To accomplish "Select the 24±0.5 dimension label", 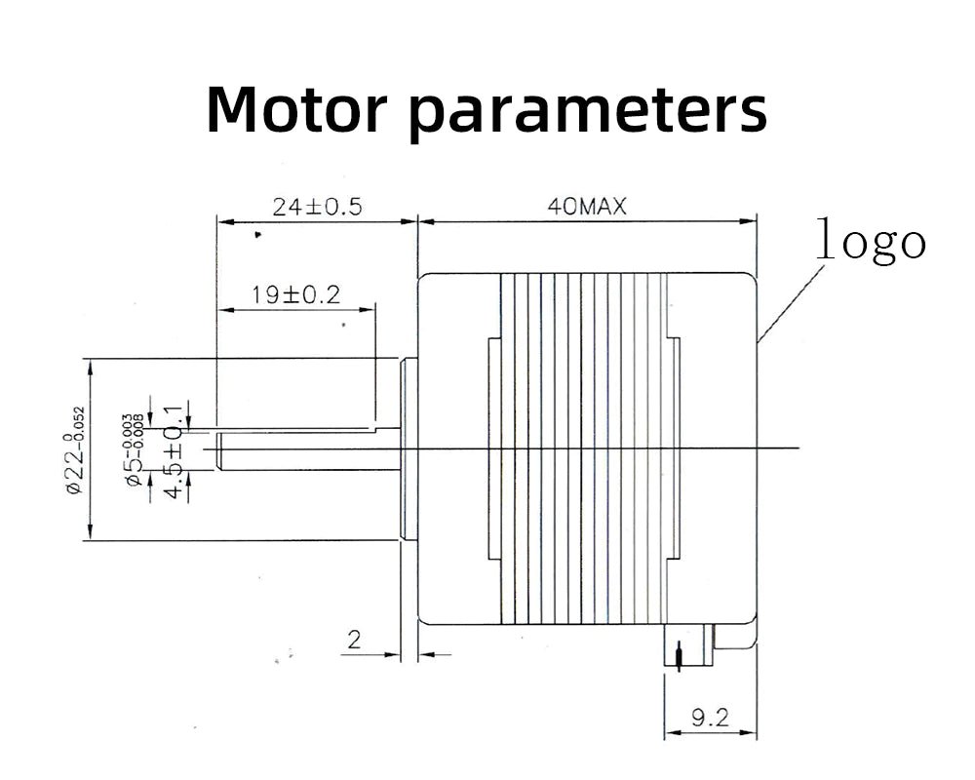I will (x=317, y=208).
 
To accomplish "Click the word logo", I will (x=870, y=240).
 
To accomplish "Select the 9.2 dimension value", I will (x=709, y=719).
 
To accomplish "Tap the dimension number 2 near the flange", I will (x=354, y=641).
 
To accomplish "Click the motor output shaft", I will (x=307, y=449).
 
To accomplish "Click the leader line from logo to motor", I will (x=790, y=302).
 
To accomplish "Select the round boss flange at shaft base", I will (x=409, y=448).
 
